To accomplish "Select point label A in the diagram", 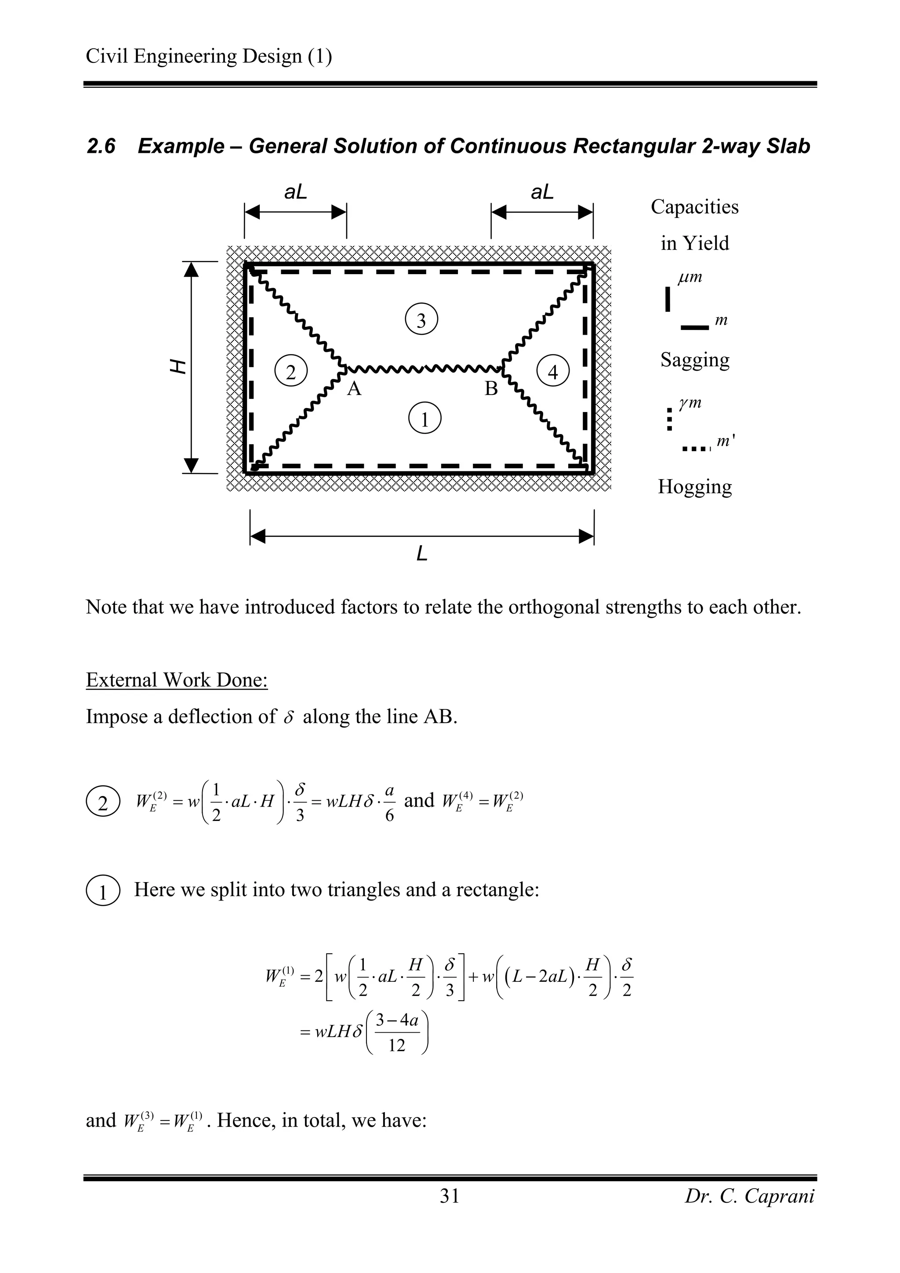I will pyautogui.click(x=354, y=389).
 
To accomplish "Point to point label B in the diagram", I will pyautogui.click(x=491, y=389).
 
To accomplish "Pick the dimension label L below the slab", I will pyautogui.click(x=422, y=553).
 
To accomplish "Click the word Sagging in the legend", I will pyautogui.click(x=694, y=360).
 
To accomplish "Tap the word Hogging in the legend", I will pyautogui.click(x=694, y=487).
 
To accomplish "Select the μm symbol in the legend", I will pyautogui.click(x=690, y=277).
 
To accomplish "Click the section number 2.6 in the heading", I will pyautogui.click(x=101, y=146).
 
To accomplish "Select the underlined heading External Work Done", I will pyautogui.click(x=177, y=680).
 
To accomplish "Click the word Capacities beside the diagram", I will pyautogui.click(x=694, y=207).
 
